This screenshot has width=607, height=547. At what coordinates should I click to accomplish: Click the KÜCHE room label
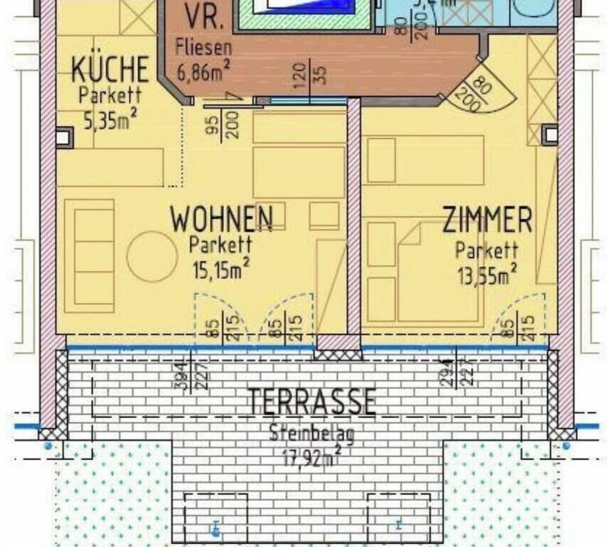coord(110,69)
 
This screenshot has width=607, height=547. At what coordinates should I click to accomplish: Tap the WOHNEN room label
coord(221,220)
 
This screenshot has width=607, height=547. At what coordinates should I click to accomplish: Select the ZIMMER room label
coord(487,220)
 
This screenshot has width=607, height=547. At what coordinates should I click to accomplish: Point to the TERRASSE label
coord(312,401)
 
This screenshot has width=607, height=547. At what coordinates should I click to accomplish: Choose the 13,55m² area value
coord(487,275)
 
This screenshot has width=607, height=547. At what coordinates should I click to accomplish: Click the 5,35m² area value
coord(111,119)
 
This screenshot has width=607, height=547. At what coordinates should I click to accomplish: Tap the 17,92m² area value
coord(311,456)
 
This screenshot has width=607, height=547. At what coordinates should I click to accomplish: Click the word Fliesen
coord(204,47)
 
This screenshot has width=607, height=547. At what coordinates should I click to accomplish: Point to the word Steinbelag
coord(312,434)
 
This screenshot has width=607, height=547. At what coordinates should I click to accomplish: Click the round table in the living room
coord(152,256)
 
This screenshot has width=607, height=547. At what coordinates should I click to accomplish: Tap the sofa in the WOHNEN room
coord(89,256)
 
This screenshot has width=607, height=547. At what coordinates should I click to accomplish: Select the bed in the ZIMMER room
coord(436,272)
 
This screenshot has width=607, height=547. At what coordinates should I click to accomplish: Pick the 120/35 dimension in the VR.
coord(310,73)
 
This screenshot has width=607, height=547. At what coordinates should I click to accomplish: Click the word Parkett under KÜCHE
coord(110,96)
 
